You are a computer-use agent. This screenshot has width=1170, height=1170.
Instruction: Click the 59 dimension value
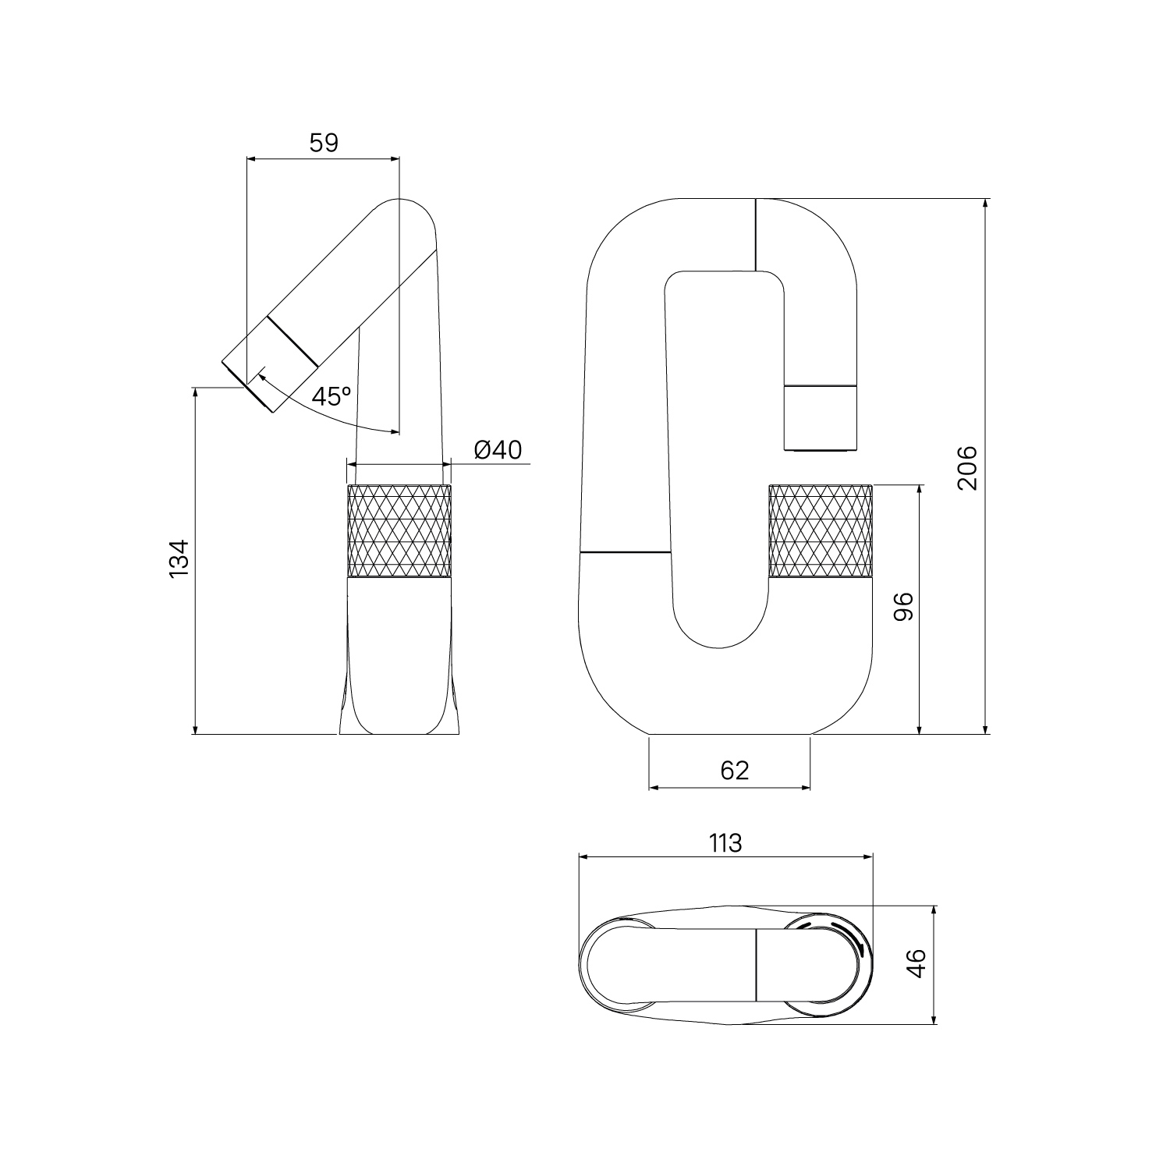pyautogui.click(x=324, y=144)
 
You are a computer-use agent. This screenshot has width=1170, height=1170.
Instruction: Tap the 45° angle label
pyautogui.click(x=331, y=396)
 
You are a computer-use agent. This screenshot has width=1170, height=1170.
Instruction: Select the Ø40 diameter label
pyautogui.click(x=498, y=450)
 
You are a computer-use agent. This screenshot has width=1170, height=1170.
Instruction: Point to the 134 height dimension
pyautogui.click(x=179, y=558)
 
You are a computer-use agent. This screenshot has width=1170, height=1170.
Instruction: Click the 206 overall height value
pyautogui.click(x=966, y=467)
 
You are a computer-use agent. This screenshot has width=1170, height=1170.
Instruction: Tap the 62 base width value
pyautogui.click(x=734, y=771)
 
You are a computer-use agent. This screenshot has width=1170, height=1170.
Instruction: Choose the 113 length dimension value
pyautogui.click(x=725, y=843)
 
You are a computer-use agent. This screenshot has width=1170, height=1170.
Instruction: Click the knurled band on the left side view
pyautogui.click(x=399, y=531)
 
